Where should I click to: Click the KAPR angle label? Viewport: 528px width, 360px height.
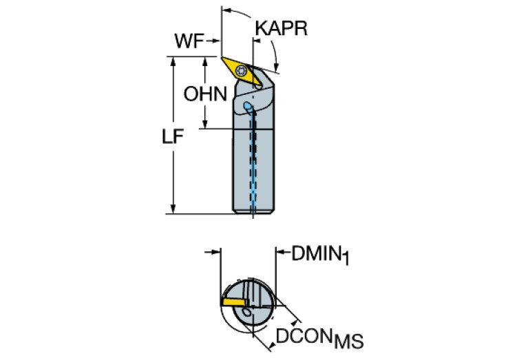tap(280, 28)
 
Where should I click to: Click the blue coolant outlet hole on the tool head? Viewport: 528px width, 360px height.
tap(248, 105)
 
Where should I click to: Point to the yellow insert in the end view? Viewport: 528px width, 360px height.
tap(234, 301)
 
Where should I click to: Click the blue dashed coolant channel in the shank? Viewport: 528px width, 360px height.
tap(253, 165)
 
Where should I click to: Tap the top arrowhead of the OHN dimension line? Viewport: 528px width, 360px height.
tap(206, 61)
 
